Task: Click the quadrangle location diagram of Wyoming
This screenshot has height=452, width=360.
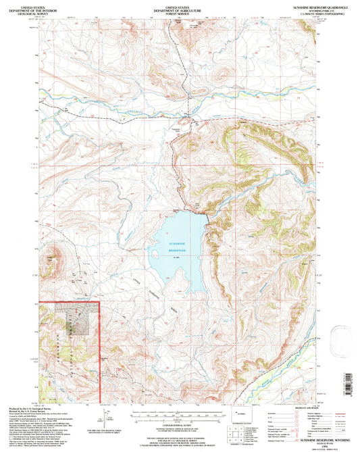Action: (x=241, y=411)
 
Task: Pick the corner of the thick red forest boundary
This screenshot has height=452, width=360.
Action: (x=99, y=302)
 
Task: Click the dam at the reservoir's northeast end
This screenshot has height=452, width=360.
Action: (x=205, y=217)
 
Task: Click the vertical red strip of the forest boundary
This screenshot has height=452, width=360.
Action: (x=100, y=351)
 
